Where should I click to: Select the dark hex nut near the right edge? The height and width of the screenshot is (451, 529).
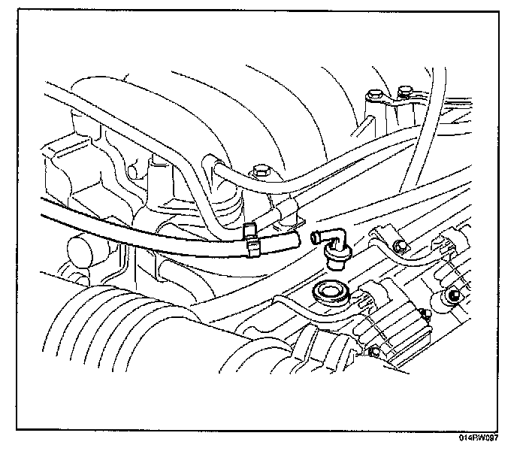tap(452, 295)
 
